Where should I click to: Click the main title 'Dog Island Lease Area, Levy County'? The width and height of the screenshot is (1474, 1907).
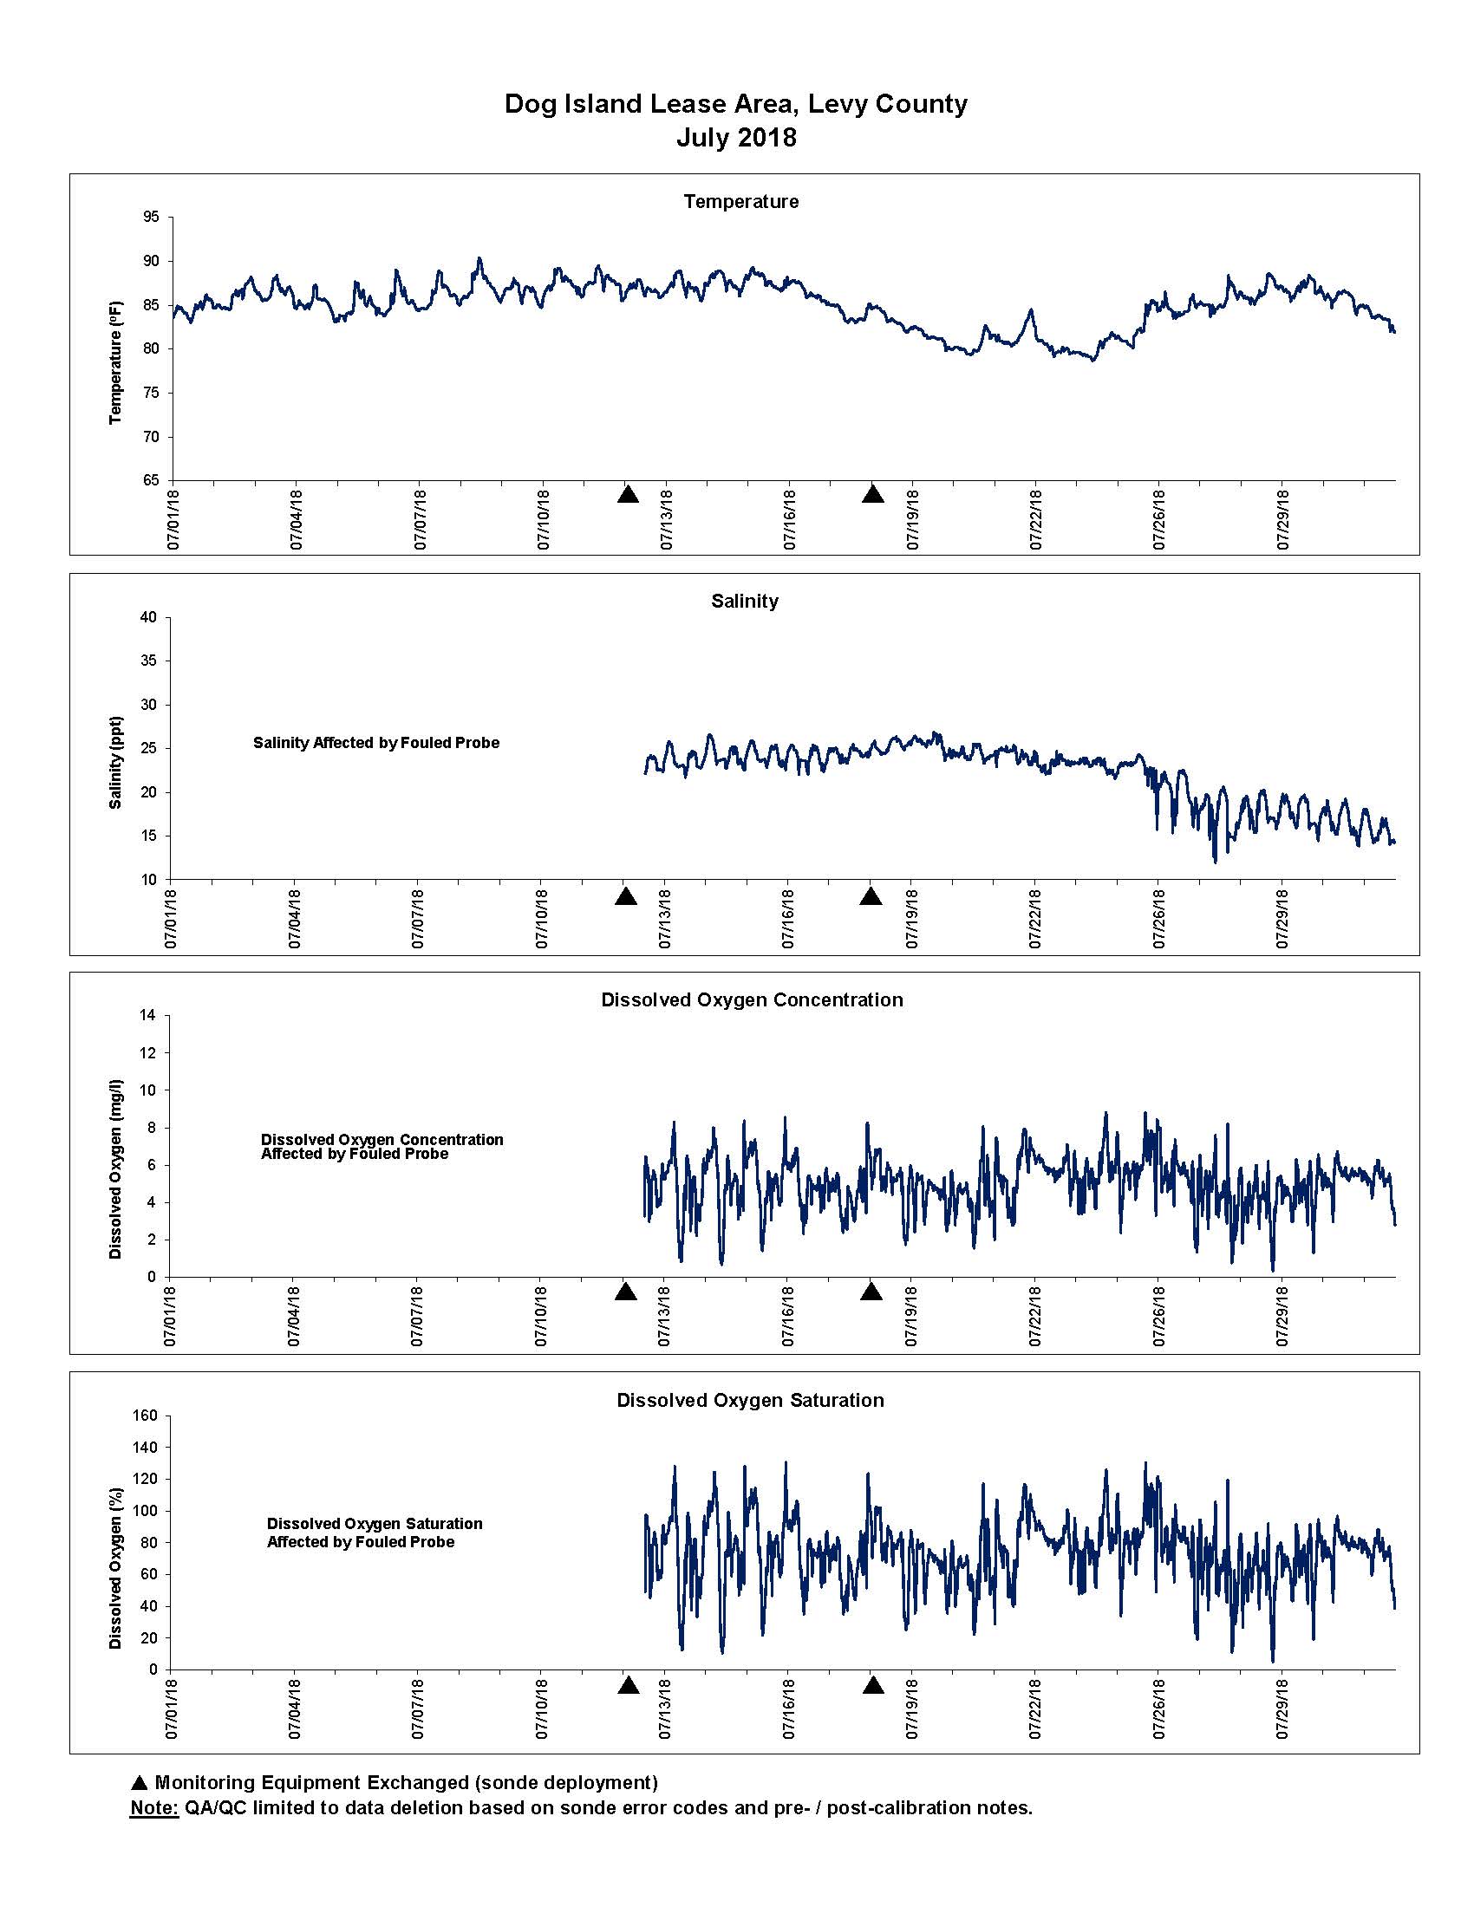pos(736,104)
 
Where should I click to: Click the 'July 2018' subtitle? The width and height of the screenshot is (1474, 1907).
pos(736,138)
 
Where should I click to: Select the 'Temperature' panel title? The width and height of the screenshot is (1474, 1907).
pos(741,202)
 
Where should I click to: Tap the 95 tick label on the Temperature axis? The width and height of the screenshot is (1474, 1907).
pos(151,217)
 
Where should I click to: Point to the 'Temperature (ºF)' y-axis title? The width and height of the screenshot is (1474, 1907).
pos(116,362)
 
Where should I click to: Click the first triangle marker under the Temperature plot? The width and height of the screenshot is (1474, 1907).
pos(628,494)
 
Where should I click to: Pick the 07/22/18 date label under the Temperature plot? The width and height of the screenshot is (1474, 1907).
pos(1036,518)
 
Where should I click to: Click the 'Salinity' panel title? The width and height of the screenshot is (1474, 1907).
pos(745,601)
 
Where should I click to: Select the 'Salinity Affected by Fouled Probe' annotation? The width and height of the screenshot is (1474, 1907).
pos(376,743)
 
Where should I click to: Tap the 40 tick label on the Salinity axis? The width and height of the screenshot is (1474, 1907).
pos(148,617)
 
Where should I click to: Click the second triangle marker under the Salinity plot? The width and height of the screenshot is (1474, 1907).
pos(871,896)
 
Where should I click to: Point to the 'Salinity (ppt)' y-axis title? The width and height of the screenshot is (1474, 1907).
pos(115,762)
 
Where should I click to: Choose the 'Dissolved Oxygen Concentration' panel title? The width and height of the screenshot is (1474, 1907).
pos(752,999)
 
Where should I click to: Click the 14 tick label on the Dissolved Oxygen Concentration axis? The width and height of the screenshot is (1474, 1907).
pos(148,1016)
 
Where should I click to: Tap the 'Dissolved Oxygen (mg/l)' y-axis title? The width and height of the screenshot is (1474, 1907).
pos(115,1169)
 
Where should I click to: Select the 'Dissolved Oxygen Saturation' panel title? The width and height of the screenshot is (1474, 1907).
pos(750,1401)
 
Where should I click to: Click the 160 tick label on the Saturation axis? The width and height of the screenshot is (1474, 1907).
pos(146,1416)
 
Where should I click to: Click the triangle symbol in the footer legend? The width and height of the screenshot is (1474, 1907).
pos(139,1783)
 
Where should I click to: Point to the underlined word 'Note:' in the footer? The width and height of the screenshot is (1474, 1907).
pos(153,1808)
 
